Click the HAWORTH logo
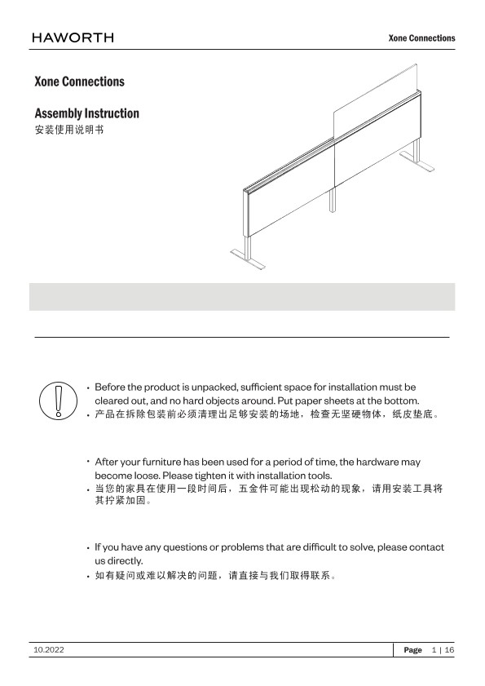73,38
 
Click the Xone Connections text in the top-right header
421,38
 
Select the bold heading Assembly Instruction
86,113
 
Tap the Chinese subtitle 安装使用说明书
69,131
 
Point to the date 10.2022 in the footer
49,650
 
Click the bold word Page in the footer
412,650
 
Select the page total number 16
449,650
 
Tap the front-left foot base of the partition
246,260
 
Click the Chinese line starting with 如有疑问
215,575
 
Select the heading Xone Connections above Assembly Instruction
80,82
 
